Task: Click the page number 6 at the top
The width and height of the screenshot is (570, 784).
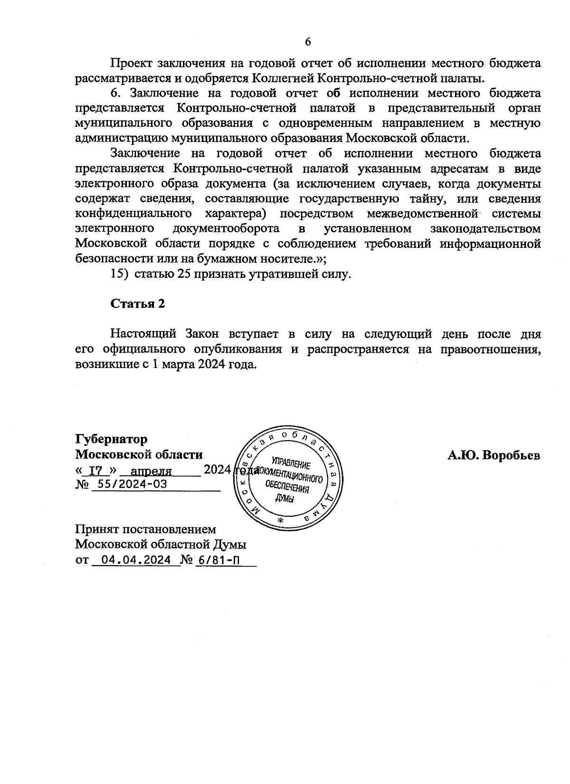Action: pyautogui.click(x=307, y=42)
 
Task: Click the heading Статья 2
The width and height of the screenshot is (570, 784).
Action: pyautogui.click(x=137, y=304)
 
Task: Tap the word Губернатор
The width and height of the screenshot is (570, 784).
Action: pyautogui.click(x=112, y=439)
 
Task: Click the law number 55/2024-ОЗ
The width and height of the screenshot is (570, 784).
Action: pyautogui.click(x=129, y=484)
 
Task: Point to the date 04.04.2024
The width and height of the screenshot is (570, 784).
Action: pyautogui.click(x=136, y=560)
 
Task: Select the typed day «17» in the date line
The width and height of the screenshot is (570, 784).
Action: pyautogui.click(x=96, y=471)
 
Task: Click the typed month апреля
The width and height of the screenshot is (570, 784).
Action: pyautogui.click(x=151, y=471)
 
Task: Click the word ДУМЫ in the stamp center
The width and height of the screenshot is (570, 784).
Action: pyautogui.click(x=285, y=499)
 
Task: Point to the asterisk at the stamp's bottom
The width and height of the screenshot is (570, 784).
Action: pyautogui.click(x=280, y=521)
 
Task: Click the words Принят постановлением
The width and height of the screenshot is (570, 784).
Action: pyautogui.click(x=145, y=529)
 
